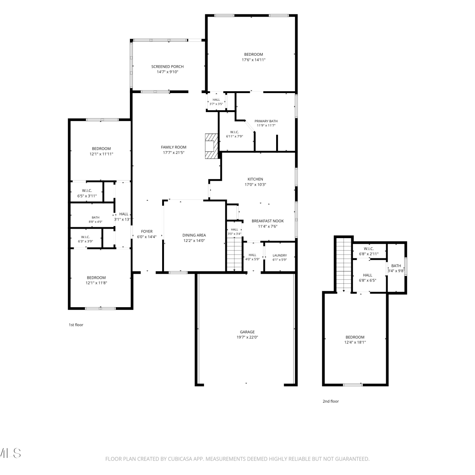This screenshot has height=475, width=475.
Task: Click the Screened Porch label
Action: coord(168,66)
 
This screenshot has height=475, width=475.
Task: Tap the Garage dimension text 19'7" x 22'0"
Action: coord(247,337)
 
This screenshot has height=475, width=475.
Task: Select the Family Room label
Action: coord(174,147)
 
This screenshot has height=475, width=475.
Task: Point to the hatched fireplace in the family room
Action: coord(212,146)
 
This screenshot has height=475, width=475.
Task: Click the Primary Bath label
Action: coord(266,121)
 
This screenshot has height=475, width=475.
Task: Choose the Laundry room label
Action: coord(280,255)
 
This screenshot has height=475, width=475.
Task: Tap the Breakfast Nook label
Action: coord(268,221)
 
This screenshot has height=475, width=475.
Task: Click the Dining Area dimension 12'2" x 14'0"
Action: coord(194,241)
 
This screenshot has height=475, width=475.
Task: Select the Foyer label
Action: coord(147,231)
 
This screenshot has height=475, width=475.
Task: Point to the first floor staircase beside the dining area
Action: coord(234,254)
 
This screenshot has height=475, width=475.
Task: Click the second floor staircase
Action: coord(344,265)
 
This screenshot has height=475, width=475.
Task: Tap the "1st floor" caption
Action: coord(76,325)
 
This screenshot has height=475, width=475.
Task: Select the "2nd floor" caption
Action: coord(331,401)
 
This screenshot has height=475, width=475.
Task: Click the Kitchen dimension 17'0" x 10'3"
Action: coord(255,185)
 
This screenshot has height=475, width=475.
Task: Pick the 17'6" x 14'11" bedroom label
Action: coord(253,60)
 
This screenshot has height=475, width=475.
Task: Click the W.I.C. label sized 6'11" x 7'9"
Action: coord(234,132)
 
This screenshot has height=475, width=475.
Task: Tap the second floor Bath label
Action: coord(396,266)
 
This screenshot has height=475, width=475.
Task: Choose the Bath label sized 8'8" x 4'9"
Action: coord(95,218)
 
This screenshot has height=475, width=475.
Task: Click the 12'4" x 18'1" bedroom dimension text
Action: coord(355,342)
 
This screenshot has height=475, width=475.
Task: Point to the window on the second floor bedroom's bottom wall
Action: coord(353,385)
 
